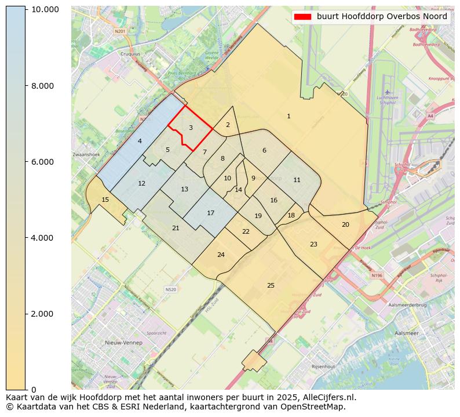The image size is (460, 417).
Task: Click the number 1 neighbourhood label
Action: pos(289,117)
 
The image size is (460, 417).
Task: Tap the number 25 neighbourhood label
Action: pos(271,285)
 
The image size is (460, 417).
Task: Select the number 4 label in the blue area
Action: pos(140,141)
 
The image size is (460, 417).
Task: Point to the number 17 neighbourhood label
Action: pos(211,213)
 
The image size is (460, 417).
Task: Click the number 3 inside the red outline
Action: pos(191,128)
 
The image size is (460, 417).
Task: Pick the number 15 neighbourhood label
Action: pos(105,200)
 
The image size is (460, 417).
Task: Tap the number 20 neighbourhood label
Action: pos(345,224)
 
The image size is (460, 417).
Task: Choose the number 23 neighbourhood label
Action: pos(313,244)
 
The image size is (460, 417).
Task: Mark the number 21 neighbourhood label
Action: pos(176,228)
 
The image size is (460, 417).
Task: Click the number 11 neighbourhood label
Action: pos(297,180)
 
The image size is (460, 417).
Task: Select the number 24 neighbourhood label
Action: pos(221,255)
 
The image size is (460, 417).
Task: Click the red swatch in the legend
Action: pos(302,17)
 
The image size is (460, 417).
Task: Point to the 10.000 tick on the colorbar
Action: pos(45,10)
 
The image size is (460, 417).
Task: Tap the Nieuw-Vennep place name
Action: pos(123,343)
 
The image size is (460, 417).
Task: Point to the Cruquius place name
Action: pos(130,54)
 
